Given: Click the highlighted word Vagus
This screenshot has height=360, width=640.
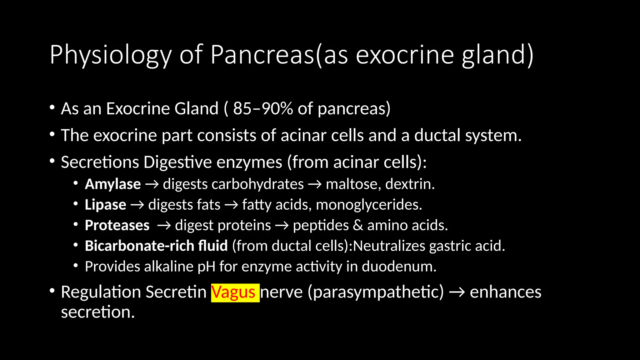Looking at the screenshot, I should [235, 292].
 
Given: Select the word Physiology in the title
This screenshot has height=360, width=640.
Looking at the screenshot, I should [110, 55].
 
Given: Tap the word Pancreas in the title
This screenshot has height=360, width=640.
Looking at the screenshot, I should [262, 55].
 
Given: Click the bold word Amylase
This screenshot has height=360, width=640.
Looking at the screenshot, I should [113, 184].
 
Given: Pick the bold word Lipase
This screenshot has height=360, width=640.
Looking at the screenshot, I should [105, 205].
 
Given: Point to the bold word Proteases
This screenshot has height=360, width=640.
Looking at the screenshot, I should [117, 225].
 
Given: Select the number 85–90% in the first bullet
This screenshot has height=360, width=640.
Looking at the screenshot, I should [262, 109].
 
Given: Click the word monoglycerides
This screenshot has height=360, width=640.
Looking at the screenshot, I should [369, 205].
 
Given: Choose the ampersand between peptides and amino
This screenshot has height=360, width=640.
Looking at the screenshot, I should [358, 225].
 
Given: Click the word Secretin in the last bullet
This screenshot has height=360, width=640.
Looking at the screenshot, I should [176, 292].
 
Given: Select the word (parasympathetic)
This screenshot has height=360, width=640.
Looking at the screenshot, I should [376, 292].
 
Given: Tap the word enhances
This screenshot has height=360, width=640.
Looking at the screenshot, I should [505, 292].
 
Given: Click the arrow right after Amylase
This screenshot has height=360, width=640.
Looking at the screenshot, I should [152, 184].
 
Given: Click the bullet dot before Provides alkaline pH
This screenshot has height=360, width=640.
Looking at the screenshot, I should [76, 266].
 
